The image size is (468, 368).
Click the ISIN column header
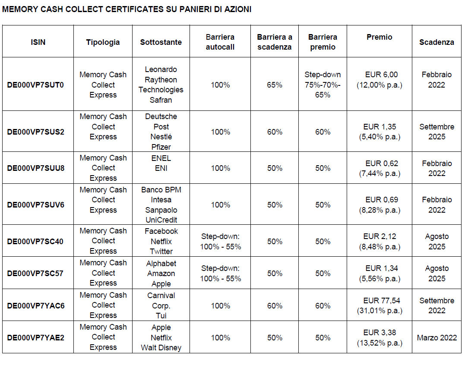pyautogui.click(x=38, y=42)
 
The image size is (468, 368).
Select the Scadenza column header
pyautogui.click(x=436, y=42)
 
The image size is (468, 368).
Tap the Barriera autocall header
pyautogui.click(x=220, y=42)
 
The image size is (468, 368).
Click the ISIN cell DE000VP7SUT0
pyautogui.click(x=35, y=85)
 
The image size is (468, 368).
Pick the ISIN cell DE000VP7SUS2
pyautogui.click(x=35, y=132)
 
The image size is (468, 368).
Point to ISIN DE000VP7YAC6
pyautogui.click(x=35, y=306)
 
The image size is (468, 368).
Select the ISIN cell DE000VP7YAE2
pyautogui.click(x=35, y=337)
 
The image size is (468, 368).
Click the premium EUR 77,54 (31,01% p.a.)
pyautogui.click(x=379, y=306)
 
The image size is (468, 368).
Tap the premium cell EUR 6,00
pyautogui.click(x=379, y=80)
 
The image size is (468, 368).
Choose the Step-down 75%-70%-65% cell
pyautogui.click(x=323, y=85)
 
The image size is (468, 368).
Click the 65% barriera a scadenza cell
pyautogui.click(x=275, y=85)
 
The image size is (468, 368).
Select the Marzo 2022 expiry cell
pyautogui.click(x=437, y=337)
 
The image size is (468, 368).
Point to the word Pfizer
pyautogui.click(x=161, y=147)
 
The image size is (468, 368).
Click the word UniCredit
pyautogui.click(x=161, y=220)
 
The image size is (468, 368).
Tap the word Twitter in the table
pyautogui.click(x=161, y=252)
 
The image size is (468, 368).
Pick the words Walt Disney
pyautogui.click(x=161, y=348)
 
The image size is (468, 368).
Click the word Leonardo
pyautogui.click(x=161, y=69)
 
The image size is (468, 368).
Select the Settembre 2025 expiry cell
pyautogui.click(x=437, y=132)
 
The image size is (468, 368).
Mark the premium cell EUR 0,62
pyautogui.click(x=379, y=168)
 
